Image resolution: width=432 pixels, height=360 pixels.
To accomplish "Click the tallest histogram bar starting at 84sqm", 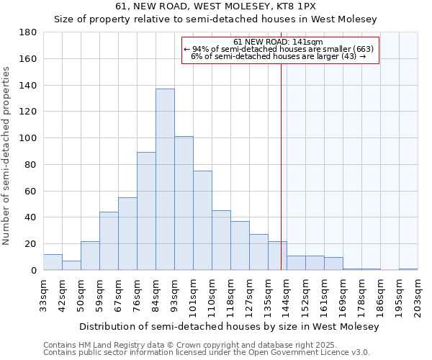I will pyautogui.click(x=165, y=180).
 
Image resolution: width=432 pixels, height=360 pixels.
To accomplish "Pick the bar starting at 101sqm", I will pyautogui.click(x=202, y=220).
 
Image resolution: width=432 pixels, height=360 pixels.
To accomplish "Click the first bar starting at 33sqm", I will pyautogui.click(x=53, y=262).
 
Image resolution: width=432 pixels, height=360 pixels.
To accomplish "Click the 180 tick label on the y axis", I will pyautogui.click(x=29, y=32).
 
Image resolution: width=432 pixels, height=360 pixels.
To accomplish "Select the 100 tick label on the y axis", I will pyautogui.click(x=29, y=138).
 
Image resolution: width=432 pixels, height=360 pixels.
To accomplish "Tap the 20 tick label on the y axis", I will pyautogui.click(x=32, y=244).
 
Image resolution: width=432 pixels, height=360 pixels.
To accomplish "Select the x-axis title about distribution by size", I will pyautogui.click(x=229, y=326).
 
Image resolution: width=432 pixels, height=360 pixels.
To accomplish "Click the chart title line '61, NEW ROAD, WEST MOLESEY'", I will pyautogui.click(x=216, y=6).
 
